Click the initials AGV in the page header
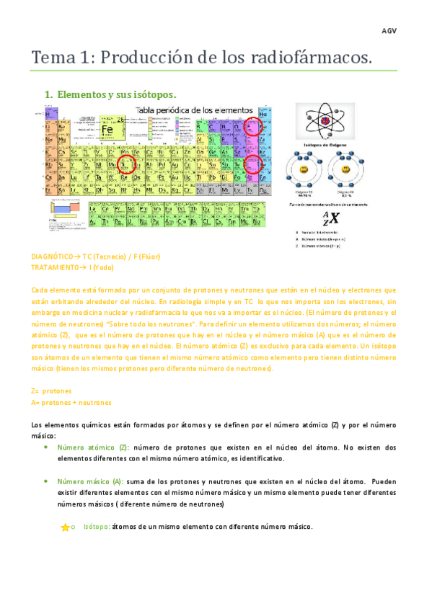tap(389, 31)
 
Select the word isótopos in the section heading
tap(151, 94)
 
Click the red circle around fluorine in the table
tap(252, 128)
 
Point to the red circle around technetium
tap(126, 164)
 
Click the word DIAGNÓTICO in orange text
tap(53, 257)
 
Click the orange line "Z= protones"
tap(51, 391)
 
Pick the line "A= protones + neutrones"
tap(71, 402)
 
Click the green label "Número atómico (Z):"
tap(93, 447)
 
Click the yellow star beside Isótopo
tap(65, 527)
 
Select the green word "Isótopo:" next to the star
tap(97, 527)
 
